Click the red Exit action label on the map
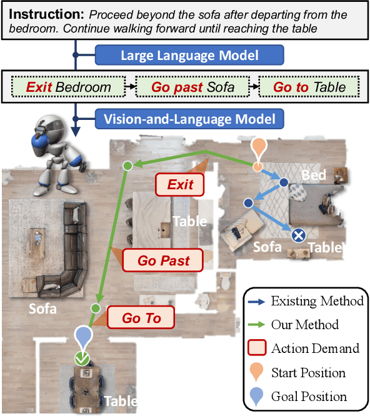point(181,184)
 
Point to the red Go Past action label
point(164,260)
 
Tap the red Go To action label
point(141,318)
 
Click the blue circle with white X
point(299,235)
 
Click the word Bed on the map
point(313,175)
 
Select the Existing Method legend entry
point(303,301)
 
